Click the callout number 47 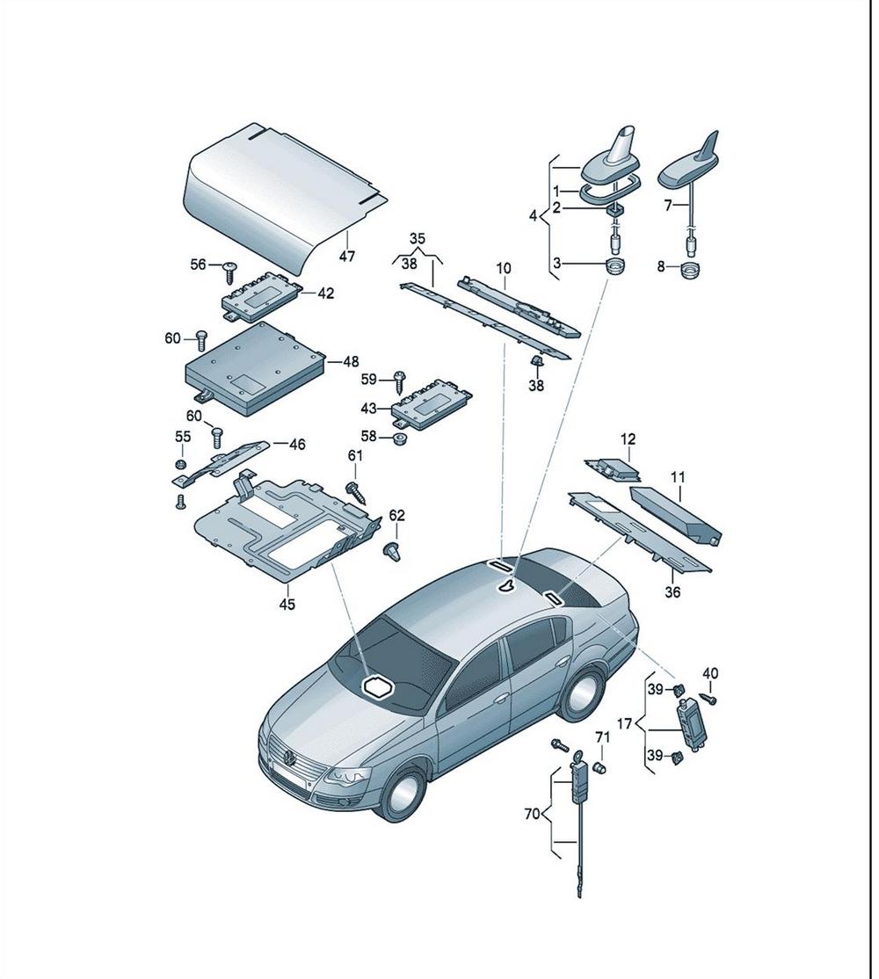tap(346, 256)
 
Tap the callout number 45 tap(287, 605)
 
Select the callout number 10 tap(504, 268)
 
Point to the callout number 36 tap(672, 591)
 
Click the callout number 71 tap(602, 738)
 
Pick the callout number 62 tap(397, 515)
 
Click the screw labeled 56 tap(230, 272)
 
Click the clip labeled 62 tap(392, 553)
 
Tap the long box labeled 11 tap(676, 512)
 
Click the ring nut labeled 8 tap(689, 272)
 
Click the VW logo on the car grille tap(288, 759)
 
